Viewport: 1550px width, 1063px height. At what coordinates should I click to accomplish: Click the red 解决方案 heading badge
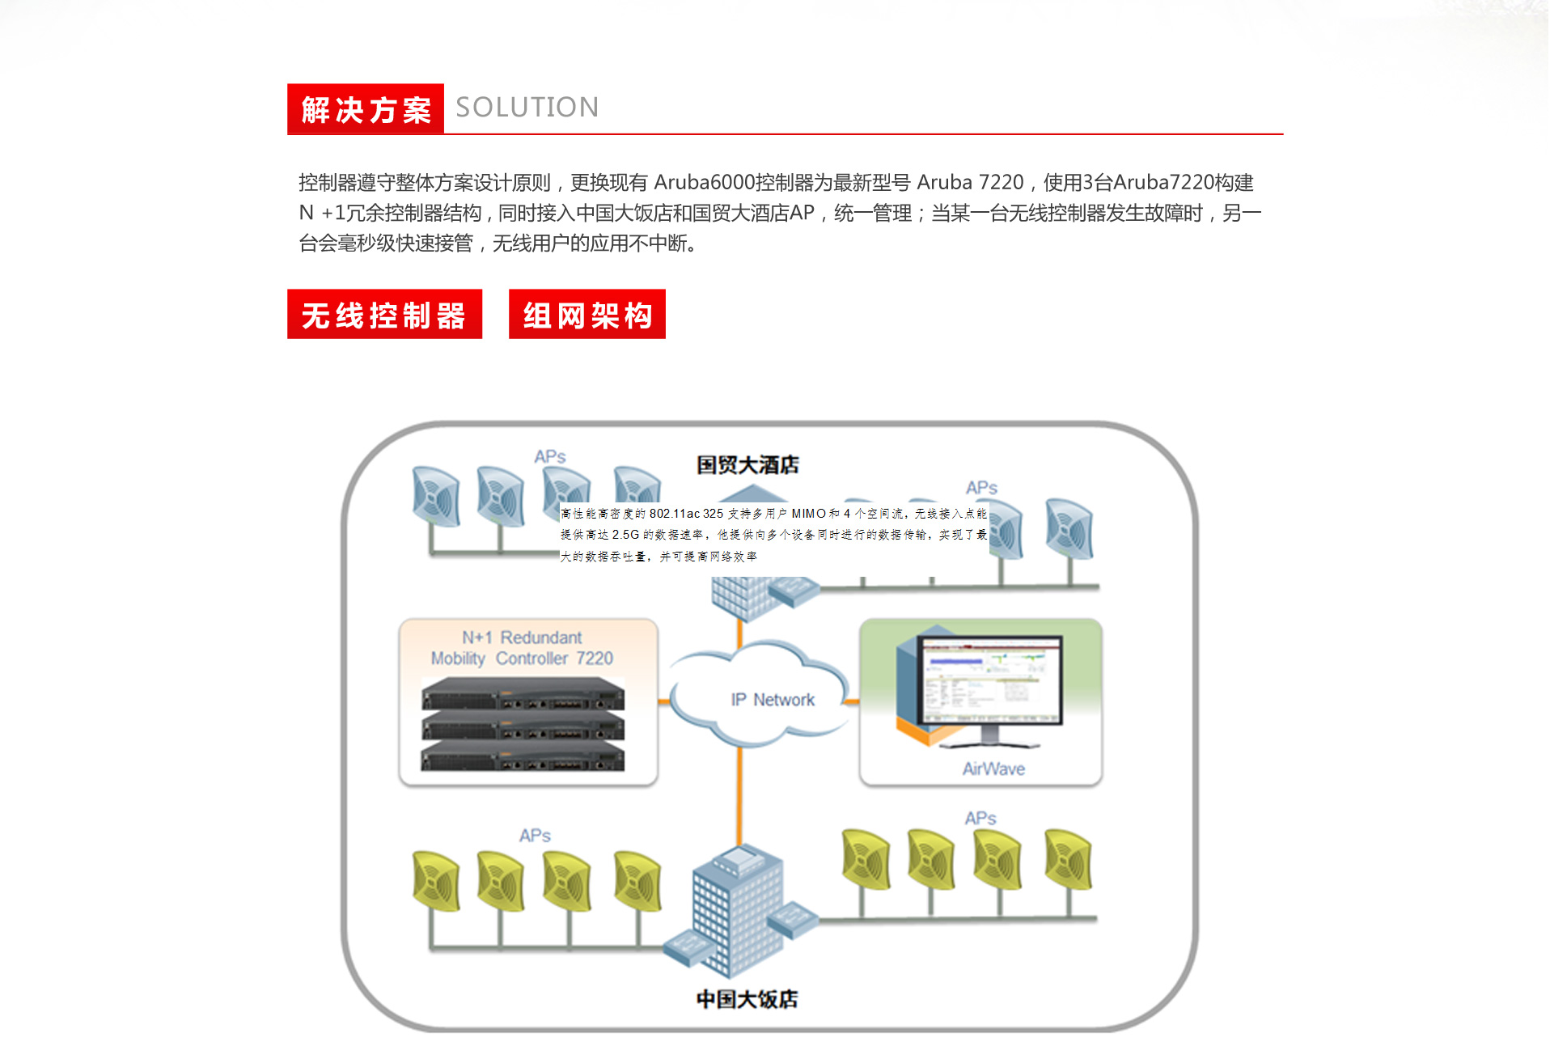click(x=366, y=109)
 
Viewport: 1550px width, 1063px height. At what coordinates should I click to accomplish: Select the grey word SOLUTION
click(x=527, y=108)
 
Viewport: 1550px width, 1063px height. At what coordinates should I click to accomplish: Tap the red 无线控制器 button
click(x=384, y=315)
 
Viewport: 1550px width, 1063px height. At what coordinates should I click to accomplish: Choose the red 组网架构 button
click(x=587, y=315)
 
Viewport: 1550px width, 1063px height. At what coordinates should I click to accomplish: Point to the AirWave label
click(x=993, y=769)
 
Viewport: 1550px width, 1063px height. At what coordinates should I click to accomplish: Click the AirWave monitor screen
click(x=991, y=680)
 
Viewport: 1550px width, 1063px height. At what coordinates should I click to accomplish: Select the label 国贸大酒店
click(x=747, y=465)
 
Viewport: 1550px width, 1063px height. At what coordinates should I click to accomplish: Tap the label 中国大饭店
click(x=747, y=999)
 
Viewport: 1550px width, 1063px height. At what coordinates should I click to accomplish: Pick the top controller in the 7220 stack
click(x=523, y=694)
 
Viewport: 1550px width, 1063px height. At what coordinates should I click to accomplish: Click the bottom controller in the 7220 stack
click(x=523, y=757)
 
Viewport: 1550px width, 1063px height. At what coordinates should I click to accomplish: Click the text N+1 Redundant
click(x=522, y=637)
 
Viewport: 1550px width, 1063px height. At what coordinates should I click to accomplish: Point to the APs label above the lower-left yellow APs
click(x=535, y=835)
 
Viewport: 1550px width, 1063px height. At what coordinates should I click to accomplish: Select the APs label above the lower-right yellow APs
click(x=980, y=818)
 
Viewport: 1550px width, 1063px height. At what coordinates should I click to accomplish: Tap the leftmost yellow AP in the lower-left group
click(x=436, y=880)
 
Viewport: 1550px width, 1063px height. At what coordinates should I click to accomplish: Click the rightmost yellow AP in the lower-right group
click(x=1068, y=859)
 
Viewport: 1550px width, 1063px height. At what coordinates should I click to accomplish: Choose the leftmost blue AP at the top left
click(x=436, y=496)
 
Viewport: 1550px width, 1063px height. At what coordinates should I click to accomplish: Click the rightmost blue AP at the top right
click(x=1069, y=529)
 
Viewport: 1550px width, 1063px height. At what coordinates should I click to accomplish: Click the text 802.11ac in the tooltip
click(x=666, y=514)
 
